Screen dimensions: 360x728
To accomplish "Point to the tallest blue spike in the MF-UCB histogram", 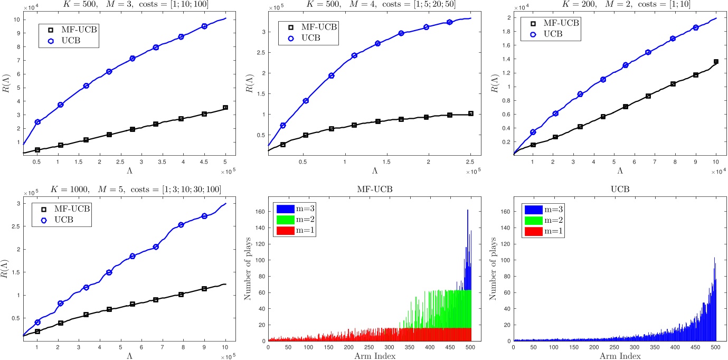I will coord(467,211).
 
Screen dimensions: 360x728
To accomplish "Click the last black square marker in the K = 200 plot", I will coord(716,62).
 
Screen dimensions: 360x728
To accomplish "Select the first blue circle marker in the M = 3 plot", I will coord(37,122).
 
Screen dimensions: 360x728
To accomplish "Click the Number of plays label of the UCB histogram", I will coord(494,272).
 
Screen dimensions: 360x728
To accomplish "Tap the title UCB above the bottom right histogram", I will coord(614,190).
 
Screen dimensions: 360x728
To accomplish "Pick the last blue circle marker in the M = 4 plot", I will coord(450,22).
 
